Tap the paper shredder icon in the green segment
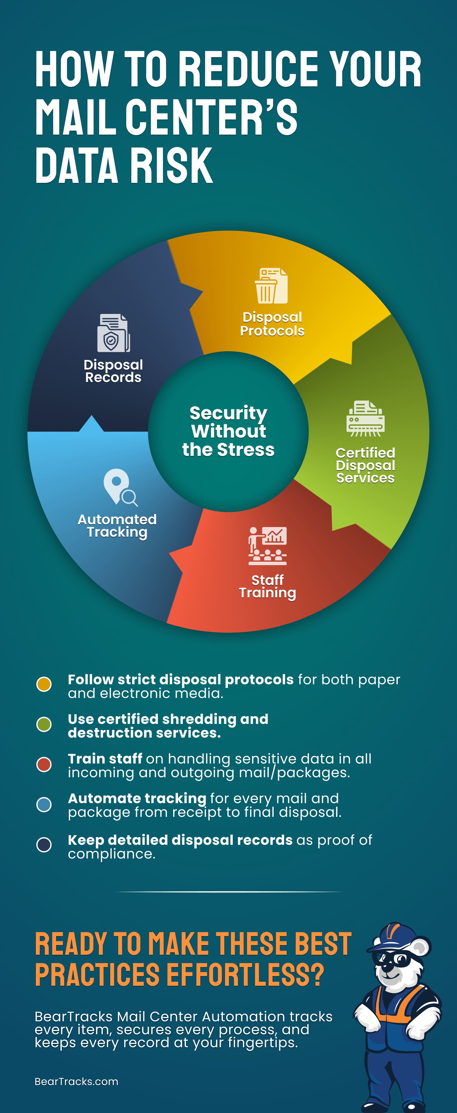coord(365,419)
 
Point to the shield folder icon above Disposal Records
coord(113,333)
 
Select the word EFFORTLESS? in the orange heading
coord(245,975)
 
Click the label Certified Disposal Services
coord(365,465)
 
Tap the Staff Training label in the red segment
coord(267,586)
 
